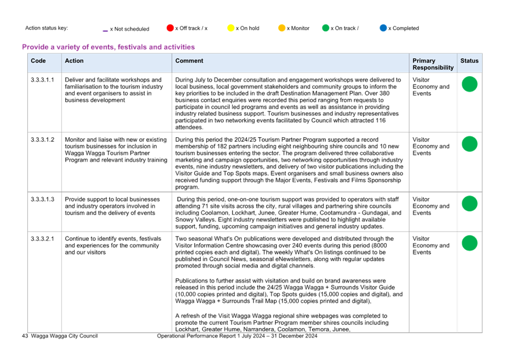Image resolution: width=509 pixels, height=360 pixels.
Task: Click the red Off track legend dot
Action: [170, 28]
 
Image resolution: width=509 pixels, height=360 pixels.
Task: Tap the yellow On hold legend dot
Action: [231, 28]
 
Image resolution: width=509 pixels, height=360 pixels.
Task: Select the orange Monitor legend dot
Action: [282, 28]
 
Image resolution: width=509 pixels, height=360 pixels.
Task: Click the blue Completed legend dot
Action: [383, 28]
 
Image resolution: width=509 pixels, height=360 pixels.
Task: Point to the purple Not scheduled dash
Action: [105, 31]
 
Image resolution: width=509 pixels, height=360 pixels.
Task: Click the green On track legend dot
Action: [326, 28]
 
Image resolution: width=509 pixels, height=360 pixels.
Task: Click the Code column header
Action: [38, 61]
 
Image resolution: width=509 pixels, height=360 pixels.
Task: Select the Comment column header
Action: [189, 61]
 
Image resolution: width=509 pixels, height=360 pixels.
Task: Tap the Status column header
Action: [470, 61]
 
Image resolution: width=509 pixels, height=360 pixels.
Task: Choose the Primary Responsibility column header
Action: [433, 64]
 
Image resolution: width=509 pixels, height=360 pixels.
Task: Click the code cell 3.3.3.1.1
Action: [43, 80]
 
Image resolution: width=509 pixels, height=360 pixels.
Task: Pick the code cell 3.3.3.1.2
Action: [43, 140]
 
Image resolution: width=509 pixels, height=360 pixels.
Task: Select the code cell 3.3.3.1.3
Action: [43, 200]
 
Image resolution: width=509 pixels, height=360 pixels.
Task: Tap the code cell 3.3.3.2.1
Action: [43, 239]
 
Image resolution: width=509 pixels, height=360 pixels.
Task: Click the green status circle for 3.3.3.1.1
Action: [470, 84]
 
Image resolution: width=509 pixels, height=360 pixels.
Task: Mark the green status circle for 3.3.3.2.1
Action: [470, 243]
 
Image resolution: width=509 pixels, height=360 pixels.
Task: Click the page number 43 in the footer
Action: [25, 336]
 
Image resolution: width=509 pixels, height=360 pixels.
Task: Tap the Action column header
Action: [74, 61]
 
